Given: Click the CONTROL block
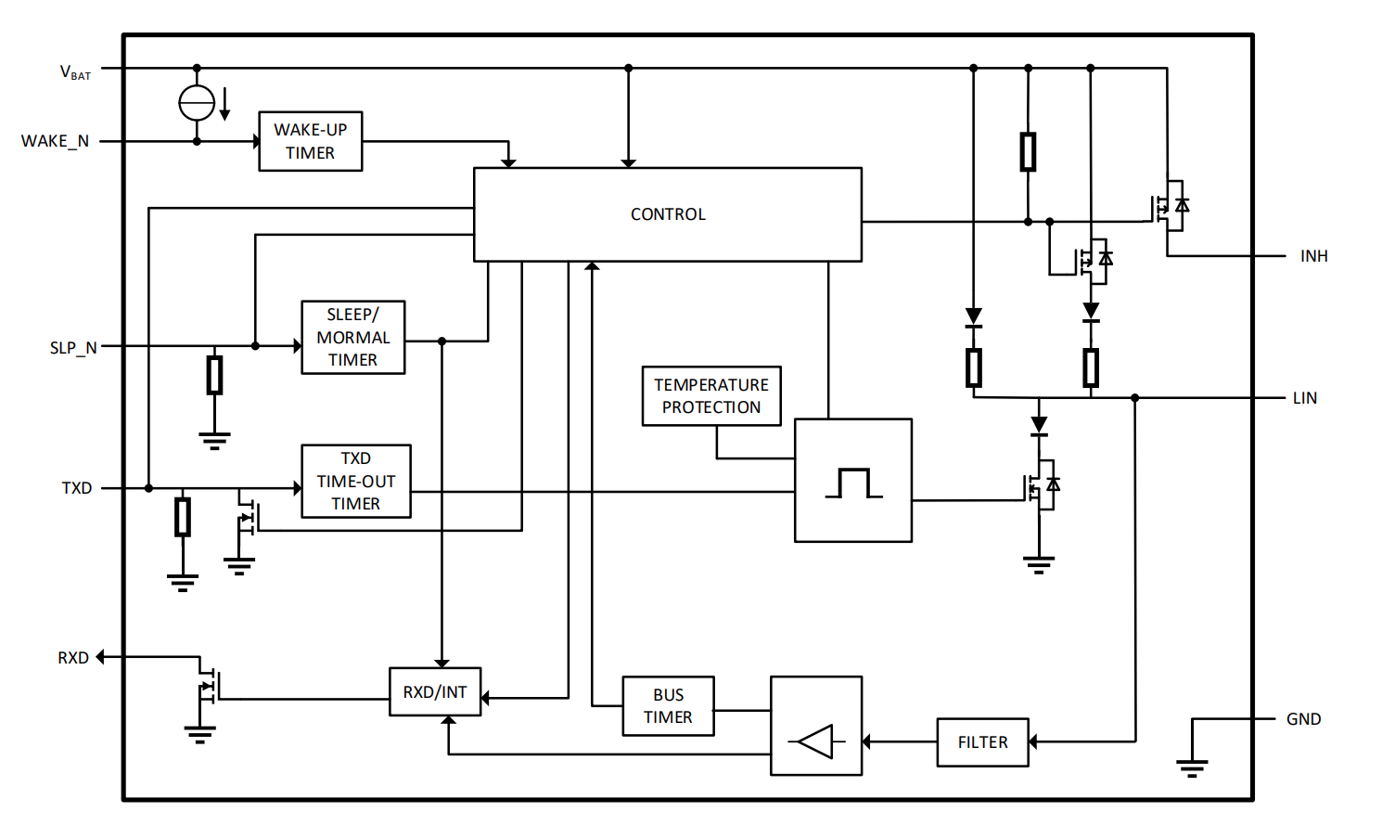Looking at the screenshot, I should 668,214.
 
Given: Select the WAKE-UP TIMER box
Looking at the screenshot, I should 310,141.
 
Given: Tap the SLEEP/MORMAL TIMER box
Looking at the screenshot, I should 353,338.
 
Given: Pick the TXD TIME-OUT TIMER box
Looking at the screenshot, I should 356,482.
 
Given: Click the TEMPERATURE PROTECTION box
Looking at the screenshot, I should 711,396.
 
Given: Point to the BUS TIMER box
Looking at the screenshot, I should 668,706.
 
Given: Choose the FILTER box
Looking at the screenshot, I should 982,742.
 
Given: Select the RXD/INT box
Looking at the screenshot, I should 435,692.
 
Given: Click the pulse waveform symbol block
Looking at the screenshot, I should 853,481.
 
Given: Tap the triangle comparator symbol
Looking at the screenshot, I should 816,741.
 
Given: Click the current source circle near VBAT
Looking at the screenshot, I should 197,102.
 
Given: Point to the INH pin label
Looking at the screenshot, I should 1313,256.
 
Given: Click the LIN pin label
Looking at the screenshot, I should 1304,398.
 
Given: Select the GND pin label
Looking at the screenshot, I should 1303,719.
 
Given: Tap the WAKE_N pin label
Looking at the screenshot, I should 56,141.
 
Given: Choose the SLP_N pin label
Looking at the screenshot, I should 73,348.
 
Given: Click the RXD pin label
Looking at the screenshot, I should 73,658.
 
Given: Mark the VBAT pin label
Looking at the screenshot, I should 75,72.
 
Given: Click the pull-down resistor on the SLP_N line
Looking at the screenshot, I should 214,375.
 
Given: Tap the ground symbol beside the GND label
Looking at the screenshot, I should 1192,767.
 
